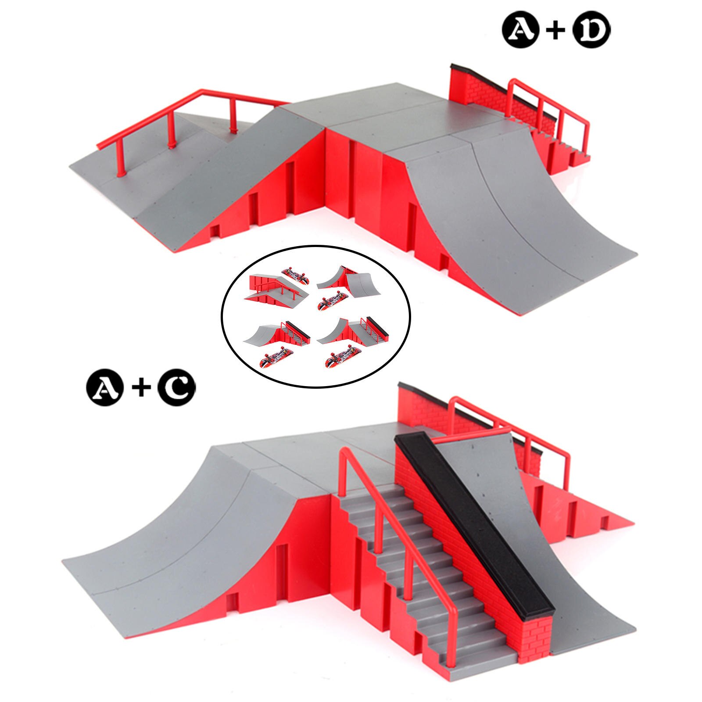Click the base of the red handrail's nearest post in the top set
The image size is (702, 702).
click(121, 175)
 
